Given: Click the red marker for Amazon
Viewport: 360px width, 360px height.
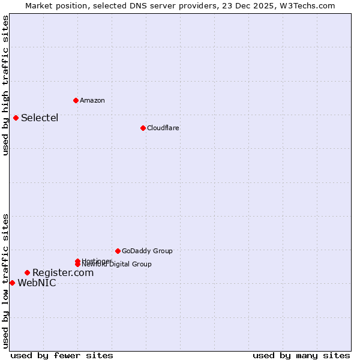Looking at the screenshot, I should coord(76,100).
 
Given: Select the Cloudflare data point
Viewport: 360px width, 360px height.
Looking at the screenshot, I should coord(143,128).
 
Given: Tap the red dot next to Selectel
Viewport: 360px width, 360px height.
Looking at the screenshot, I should coord(16,118).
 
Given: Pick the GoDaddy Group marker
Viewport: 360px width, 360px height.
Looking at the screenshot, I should coord(118,251).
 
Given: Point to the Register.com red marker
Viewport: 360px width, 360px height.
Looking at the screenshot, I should coord(27,273).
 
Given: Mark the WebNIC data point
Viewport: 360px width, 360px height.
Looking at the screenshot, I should coord(12,283).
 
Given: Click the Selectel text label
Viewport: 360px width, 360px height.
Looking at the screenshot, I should coord(40,118).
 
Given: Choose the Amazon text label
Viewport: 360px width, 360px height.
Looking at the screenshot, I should coord(92,100).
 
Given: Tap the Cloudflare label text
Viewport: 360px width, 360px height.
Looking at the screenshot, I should coord(163,128).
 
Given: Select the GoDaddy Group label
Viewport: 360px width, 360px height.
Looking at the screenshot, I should coord(147,251).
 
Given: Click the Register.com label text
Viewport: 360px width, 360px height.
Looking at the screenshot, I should coord(63,273).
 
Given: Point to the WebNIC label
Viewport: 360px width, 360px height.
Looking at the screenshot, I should coord(37,283).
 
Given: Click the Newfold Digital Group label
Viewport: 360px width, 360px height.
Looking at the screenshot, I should coord(120,265).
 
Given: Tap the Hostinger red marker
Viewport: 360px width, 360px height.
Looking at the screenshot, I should coord(77,261).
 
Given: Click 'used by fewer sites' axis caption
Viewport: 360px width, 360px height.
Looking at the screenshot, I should coord(62,355).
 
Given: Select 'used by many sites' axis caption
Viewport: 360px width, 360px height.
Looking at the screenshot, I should coord(301,355).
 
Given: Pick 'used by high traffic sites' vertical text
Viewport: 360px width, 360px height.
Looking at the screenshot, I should coord(5,85).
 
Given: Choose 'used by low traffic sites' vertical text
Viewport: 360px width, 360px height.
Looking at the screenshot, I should coord(5,281).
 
